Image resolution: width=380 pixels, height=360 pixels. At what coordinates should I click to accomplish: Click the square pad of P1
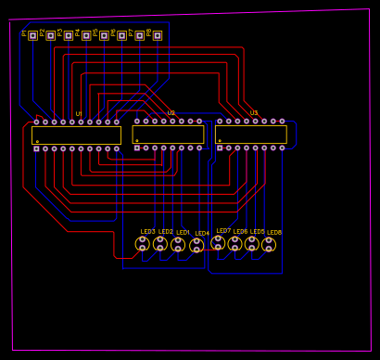tap(32, 35)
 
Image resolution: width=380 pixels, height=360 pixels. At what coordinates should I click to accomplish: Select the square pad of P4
tap(86, 35)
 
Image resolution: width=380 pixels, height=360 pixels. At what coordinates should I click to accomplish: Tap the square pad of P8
tap(157, 35)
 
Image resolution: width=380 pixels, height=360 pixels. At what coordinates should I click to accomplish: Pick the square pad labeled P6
tap(121, 35)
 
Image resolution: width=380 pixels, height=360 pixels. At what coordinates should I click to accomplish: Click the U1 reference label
tap(79, 114)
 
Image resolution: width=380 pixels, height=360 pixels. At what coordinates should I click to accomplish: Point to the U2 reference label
tap(171, 113)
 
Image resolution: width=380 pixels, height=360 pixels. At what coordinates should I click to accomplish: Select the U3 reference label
tap(254, 113)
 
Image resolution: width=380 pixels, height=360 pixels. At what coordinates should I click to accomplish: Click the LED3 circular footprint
tap(142, 243)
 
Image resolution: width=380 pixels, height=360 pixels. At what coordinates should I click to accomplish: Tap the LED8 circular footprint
tap(269, 244)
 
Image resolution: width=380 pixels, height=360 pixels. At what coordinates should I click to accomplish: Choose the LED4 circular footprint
tap(196, 245)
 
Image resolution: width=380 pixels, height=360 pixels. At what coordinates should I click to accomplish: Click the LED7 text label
tap(223, 231)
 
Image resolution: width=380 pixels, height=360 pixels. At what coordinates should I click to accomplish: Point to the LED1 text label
tap(184, 233)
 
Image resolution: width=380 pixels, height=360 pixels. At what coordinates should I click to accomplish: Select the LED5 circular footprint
tap(252, 244)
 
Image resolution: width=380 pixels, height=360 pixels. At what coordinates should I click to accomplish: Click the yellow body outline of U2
tap(169, 135)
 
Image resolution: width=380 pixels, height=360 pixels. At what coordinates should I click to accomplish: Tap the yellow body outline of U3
tap(251, 135)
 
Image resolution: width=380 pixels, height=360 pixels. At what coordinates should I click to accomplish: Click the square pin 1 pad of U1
tap(36, 148)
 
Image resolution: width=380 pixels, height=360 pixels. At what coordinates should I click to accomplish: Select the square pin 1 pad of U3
tap(220, 148)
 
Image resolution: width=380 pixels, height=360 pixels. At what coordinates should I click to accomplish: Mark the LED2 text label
tap(166, 232)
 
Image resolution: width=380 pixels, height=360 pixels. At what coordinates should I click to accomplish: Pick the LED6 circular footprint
tap(235, 244)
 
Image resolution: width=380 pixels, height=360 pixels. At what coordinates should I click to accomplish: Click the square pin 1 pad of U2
tap(137, 148)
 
